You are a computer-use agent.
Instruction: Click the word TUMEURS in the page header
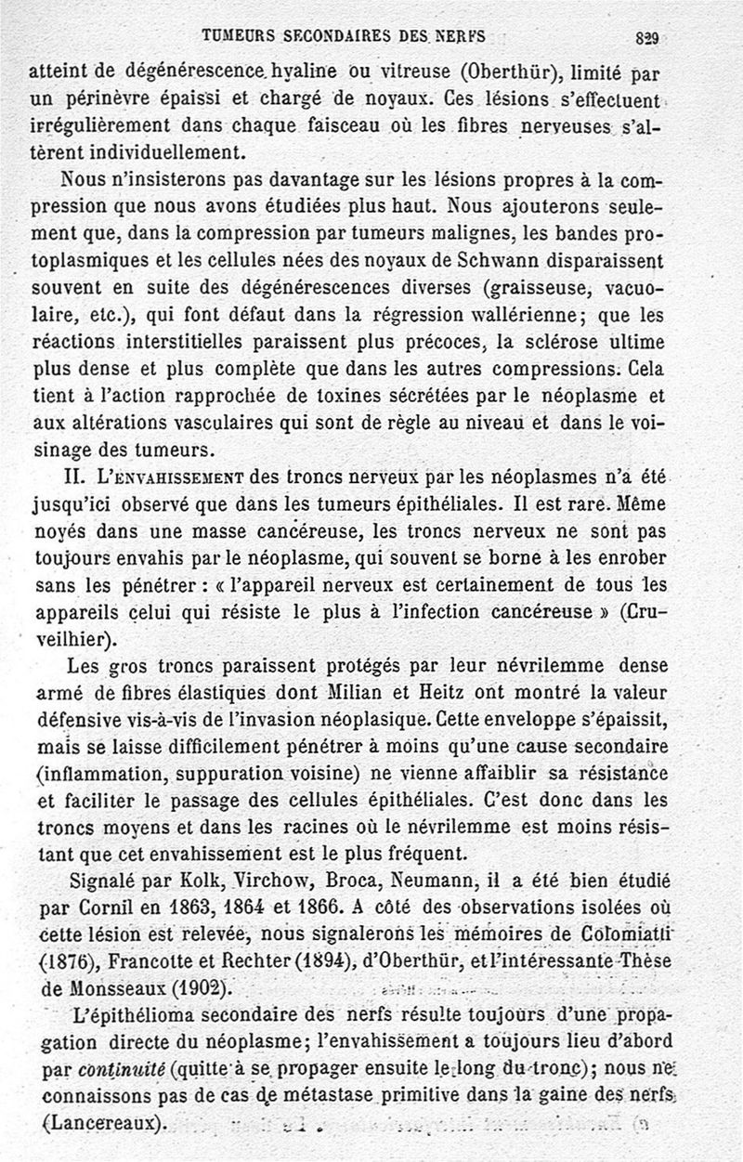pos(238,36)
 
